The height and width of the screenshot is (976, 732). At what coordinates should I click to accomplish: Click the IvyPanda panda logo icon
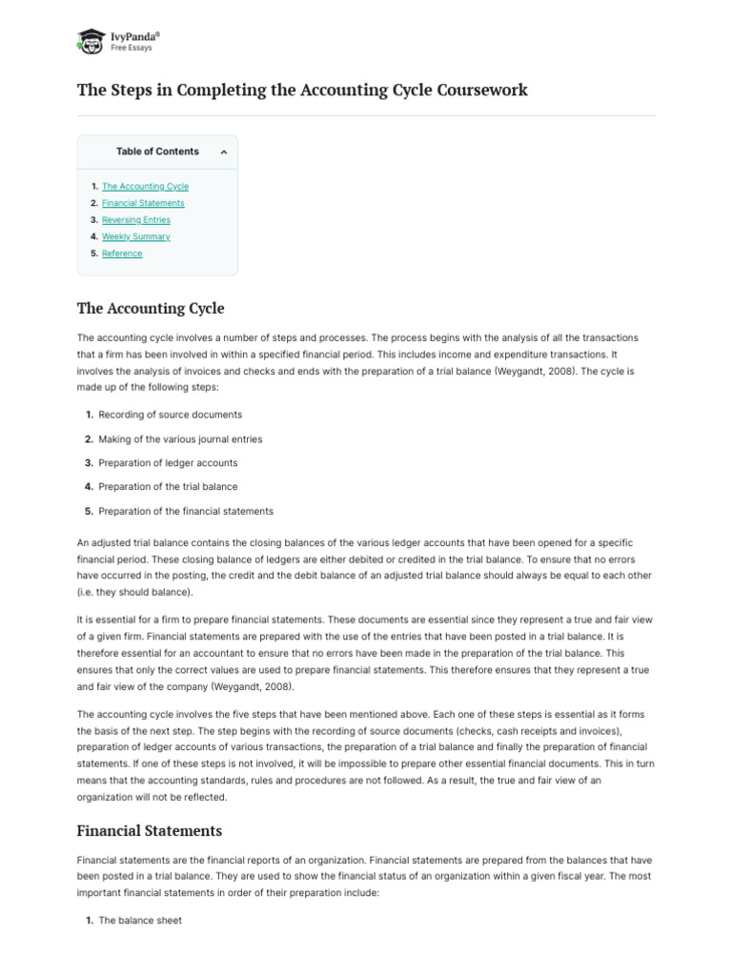click(x=91, y=41)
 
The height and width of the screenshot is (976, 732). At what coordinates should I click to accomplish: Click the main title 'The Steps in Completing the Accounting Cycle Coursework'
click(x=302, y=91)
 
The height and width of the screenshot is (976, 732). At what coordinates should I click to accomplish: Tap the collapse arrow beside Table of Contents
click(x=223, y=152)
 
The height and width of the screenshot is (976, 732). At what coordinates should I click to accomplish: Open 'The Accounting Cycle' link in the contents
click(x=145, y=187)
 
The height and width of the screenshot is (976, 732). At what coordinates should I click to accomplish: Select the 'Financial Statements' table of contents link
click(x=143, y=203)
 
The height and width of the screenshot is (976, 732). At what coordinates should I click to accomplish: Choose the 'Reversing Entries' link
click(x=136, y=220)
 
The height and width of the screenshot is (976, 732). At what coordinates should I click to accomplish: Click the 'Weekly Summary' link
click(x=136, y=236)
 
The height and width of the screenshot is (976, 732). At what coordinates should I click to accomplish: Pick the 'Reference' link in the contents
click(x=122, y=254)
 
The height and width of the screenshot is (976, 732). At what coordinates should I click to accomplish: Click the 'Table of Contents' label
click(x=157, y=152)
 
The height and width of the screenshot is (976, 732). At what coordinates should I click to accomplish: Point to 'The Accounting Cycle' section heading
click(x=151, y=309)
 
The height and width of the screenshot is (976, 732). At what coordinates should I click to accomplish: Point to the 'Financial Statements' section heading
click(x=149, y=831)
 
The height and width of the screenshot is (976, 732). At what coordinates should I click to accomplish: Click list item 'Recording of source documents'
click(x=170, y=415)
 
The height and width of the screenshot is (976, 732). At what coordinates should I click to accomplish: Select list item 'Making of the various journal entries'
click(x=180, y=439)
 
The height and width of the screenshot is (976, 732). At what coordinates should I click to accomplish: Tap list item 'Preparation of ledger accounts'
click(x=168, y=463)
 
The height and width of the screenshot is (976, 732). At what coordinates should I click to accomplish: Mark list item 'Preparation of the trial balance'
click(x=168, y=487)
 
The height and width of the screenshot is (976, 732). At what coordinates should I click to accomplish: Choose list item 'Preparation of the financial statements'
click(x=186, y=511)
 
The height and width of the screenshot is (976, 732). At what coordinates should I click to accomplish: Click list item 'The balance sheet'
click(x=140, y=921)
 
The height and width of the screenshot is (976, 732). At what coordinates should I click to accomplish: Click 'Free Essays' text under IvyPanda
click(x=132, y=48)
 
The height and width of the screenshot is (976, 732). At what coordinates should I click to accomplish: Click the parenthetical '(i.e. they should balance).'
click(x=134, y=592)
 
